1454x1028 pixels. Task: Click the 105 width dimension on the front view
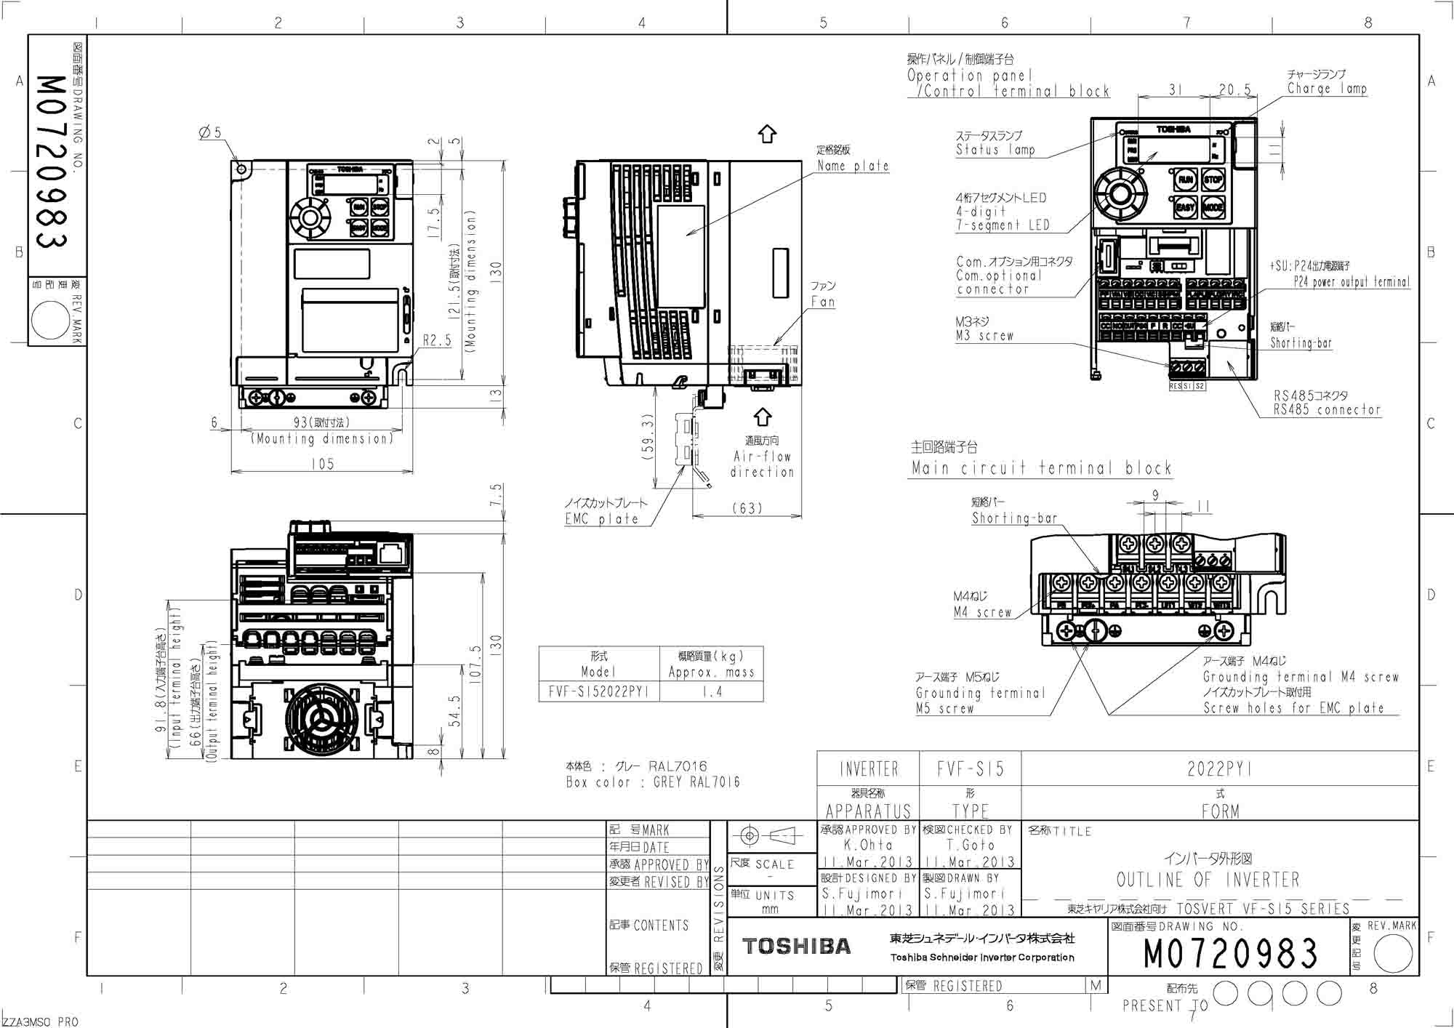[322, 464]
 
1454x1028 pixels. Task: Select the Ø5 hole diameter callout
[210, 133]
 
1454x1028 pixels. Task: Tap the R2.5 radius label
[437, 340]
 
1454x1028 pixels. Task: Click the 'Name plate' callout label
[853, 166]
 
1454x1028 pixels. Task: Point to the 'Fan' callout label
[822, 302]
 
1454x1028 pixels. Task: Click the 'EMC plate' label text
[601, 519]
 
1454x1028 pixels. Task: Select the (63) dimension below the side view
[747, 508]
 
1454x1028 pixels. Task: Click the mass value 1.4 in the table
[712, 692]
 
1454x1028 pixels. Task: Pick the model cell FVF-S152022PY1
[598, 692]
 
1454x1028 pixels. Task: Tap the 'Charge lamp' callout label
[1327, 89]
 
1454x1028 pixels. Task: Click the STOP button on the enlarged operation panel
[1213, 180]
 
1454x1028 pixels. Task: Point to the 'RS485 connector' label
[1326, 410]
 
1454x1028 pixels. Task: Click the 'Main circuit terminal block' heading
[1041, 468]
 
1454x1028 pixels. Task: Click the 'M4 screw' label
[982, 613]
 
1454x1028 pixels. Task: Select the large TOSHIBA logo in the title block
[796, 946]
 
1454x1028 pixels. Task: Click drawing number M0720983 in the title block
[1230, 954]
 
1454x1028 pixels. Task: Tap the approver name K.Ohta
[868, 846]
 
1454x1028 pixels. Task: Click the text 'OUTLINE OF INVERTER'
[1208, 880]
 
